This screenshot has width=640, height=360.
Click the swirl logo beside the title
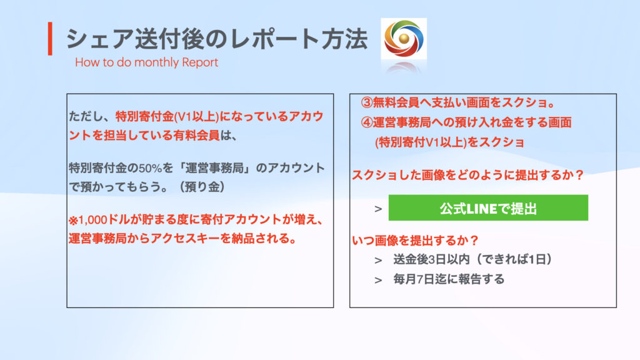pyautogui.click(x=404, y=38)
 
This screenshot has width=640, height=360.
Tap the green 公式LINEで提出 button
pyautogui.click(x=488, y=208)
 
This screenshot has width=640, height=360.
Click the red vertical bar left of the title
pyautogui.click(x=50, y=39)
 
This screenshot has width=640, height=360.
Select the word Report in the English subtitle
pyautogui.click(x=200, y=62)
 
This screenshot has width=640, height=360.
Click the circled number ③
pyautogui.click(x=366, y=103)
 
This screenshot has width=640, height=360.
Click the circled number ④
pyautogui.click(x=366, y=122)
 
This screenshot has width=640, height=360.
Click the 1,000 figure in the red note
pyautogui.click(x=92, y=220)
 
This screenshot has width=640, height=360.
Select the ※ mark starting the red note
pyautogui.click(x=73, y=221)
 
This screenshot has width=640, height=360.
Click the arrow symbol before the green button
pyautogui.click(x=378, y=209)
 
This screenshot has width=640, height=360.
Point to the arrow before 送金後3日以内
pyautogui.click(x=378, y=261)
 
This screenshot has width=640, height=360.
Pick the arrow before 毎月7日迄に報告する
pyautogui.click(x=378, y=280)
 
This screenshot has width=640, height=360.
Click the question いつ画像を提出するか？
pyautogui.click(x=415, y=241)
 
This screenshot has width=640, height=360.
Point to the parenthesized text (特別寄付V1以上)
pyautogui.click(x=421, y=142)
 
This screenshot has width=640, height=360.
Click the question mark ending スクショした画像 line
pyautogui.click(x=579, y=175)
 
